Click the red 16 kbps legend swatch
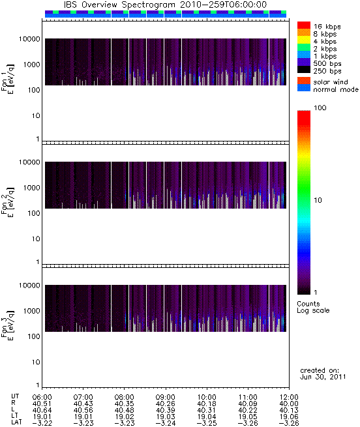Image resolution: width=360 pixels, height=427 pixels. pyautogui.click(x=304, y=25)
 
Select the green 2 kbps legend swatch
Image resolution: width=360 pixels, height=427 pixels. pyautogui.click(x=304, y=48)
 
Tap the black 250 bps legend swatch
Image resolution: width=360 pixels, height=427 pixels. pyautogui.click(x=304, y=70)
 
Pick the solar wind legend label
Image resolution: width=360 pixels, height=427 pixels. pyautogui.click(x=331, y=82)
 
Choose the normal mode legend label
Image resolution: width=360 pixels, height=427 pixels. pyautogui.click(x=336, y=89)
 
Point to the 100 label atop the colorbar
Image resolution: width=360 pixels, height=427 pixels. pyautogui.click(x=320, y=108)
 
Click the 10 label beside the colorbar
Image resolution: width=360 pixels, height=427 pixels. pyautogui.click(x=318, y=200)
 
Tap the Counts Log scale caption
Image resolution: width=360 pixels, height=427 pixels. pyautogui.click(x=313, y=307)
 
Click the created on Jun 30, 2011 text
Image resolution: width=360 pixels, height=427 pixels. pyautogui.click(x=323, y=374)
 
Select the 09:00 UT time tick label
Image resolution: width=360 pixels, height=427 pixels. pyautogui.click(x=166, y=397)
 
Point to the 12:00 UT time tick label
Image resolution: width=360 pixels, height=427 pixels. pyautogui.click(x=289, y=397)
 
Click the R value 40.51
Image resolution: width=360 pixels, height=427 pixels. pyautogui.click(x=42, y=404)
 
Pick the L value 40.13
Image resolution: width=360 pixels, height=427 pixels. pyautogui.click(x=289, y=410)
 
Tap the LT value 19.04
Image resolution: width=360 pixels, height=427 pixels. pyautogui.click(x=207, y=417)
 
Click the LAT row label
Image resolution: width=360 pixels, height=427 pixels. pyautogui.click(x=16, y=423)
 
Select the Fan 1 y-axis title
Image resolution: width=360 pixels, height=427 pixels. pyautogui.click(x=8, y=79)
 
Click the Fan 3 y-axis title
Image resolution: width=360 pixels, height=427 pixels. pyautogui.click(x=8, y=325)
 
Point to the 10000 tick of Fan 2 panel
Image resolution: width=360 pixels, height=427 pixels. pyautogui.click(x=29, y=162)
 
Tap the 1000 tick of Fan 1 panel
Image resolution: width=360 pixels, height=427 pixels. pyautogui.click(x=31, y=65)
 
